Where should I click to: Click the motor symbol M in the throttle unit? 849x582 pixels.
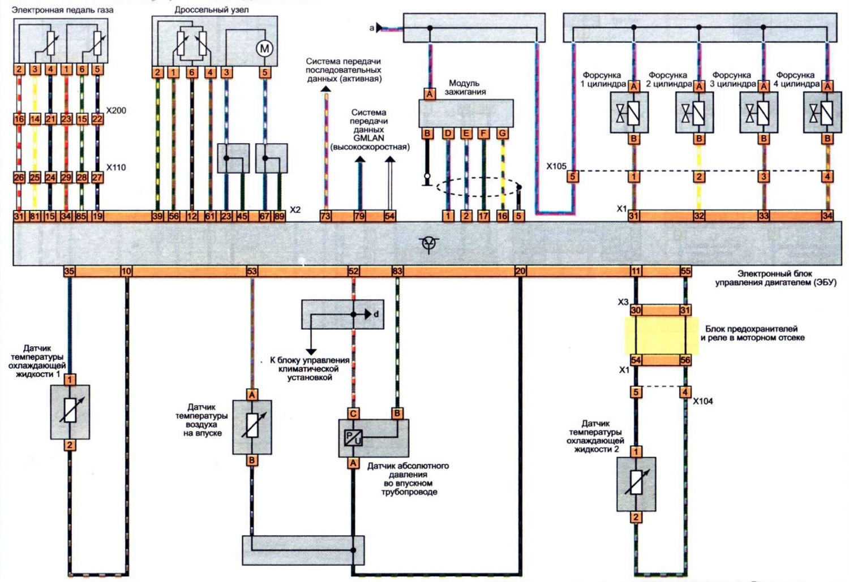click(264, 48)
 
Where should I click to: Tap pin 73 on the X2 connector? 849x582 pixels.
click(325, 216)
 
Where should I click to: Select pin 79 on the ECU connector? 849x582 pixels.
click(359, 216)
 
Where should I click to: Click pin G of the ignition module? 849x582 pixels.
click(503, 133)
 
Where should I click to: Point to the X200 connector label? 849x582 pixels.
click(116, 110)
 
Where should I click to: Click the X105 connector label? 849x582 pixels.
click(556, 166)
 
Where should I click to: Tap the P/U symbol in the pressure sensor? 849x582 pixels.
click(353, 438)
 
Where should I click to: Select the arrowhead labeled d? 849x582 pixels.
click(368, 314)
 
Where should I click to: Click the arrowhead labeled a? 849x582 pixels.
click(379, 28)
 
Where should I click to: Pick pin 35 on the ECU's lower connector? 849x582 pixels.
click(69, 271)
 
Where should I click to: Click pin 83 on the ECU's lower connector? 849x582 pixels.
click(397, 271)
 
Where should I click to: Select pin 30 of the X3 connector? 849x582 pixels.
click(636, 311)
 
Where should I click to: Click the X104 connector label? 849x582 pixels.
click(703, 401)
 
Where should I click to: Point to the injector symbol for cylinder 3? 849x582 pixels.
click(759, 113)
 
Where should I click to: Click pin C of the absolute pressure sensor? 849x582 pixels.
click(353, 413)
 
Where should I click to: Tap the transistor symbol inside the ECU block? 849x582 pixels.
click(429, 243)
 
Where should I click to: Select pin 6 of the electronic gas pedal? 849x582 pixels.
click(82, 70)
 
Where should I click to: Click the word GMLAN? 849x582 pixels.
click(368, 138)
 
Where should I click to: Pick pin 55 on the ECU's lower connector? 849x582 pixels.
click(685, 271)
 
